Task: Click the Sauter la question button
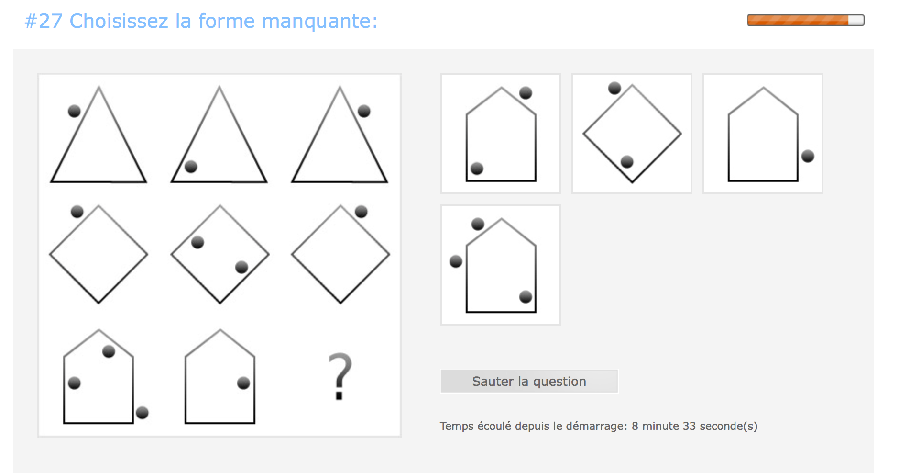(529, 381)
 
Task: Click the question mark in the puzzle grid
(340, 376)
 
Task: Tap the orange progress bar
(805, 20)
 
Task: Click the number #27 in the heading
(43, 21)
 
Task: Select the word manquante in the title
(319, 21)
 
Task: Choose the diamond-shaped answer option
(632, 134)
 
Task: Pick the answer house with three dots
(501, 265)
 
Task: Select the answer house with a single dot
(763, 134)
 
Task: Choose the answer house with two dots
(501, 134)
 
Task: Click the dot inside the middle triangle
(191, 167)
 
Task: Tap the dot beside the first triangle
(74, 111)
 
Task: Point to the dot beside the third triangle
(364, 111)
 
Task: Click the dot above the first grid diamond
(77, 212)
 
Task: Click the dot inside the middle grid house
(243, 383)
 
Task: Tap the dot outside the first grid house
(142, 413)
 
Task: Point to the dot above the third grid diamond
(361, 212)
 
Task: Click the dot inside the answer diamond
(627, 162)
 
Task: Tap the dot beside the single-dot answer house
(808, 156)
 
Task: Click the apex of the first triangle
(99, 87)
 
